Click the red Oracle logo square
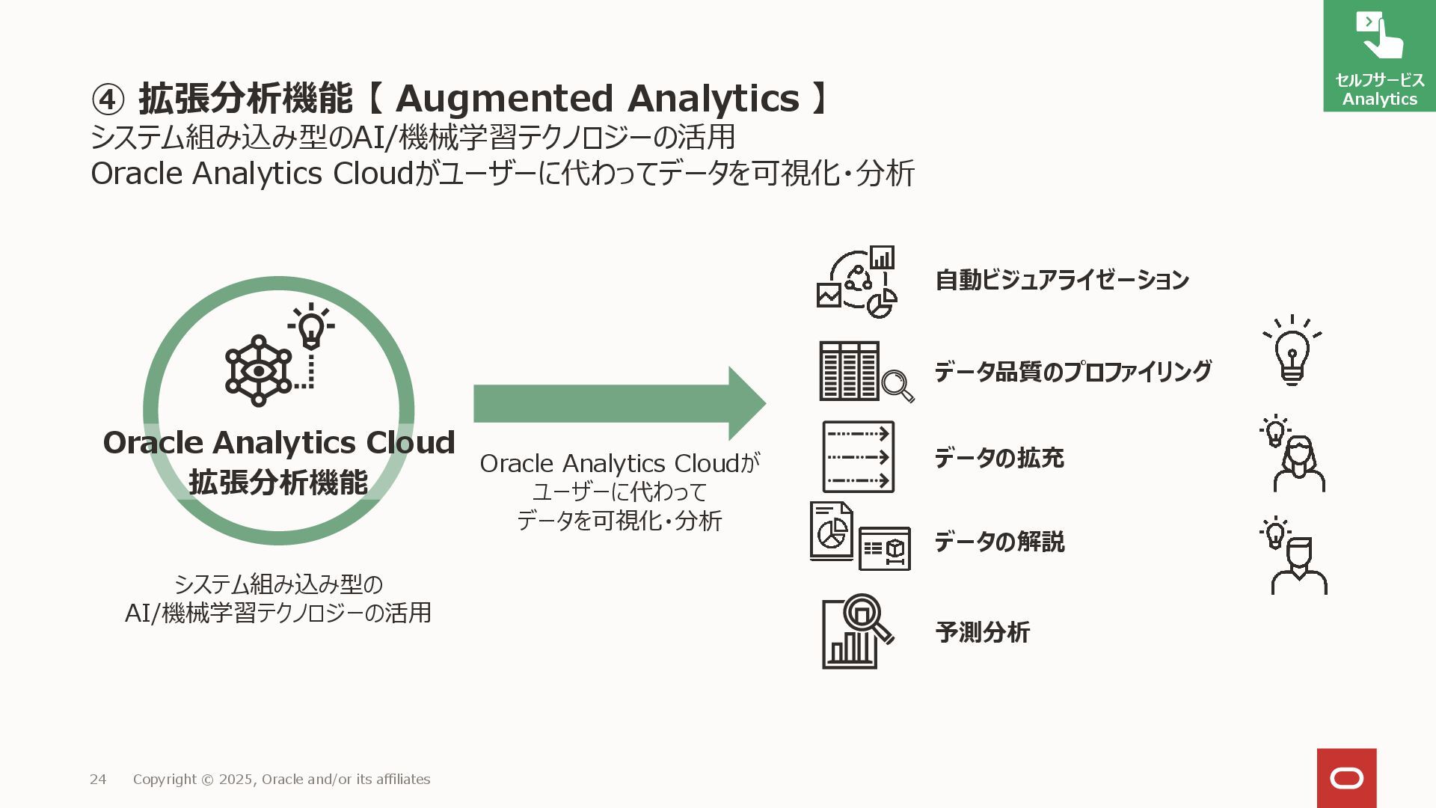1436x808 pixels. pyautogui.click(x=1346, y=778)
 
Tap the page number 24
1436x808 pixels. pyautogui.click(x=98, y=780)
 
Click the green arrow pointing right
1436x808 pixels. pyautogui.click(x=619, y=403)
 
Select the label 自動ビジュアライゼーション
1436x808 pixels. pyautogui.click(x=1062, y=281)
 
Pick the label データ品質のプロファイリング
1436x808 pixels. pyautogui.click(x=1073, y=372)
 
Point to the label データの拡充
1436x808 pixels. pyautogui.click(x=999, y=458)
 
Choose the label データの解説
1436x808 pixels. pyautogui.click(x=999, y=542)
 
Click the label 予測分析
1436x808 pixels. pyautogui.click(x=983, y=633)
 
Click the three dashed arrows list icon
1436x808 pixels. pyautogui.click(x=859, y=456)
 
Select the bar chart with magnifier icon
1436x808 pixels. pyautogui.click(x=857, y=632)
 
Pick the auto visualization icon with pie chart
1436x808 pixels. pyautogui.click(x=857, y=282)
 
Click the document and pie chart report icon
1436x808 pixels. pyautogui.click(x=859, y=536)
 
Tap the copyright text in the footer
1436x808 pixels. pyautogui.click(x=281, y=780)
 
